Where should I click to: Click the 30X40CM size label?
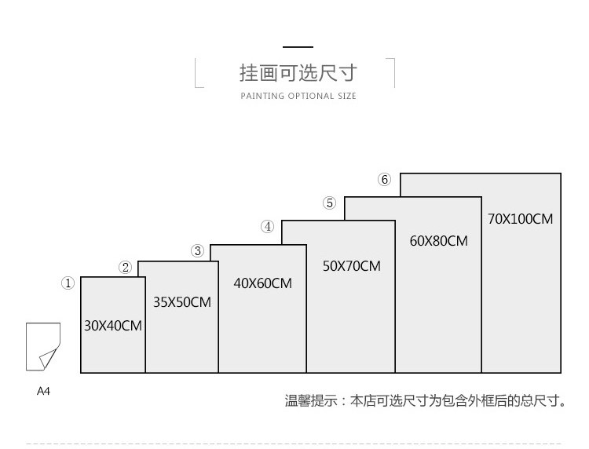click(113, 325)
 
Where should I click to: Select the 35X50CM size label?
click(182, 301)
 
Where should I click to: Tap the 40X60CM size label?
click(262, 283)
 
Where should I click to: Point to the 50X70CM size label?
click(351, 266)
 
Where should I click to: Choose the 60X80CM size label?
click(438, 241)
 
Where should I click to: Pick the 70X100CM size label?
click(520, 219)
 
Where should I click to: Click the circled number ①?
click(68, 283)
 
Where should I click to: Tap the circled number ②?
click(125, 268)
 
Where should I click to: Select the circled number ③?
click(198, 251)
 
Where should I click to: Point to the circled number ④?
click(268, 227)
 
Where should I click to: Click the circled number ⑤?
click(330, 203)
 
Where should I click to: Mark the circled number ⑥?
click(384, 180)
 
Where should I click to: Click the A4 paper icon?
click(42, 346)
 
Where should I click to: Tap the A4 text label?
click(43, 390)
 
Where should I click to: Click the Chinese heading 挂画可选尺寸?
click(298, 74)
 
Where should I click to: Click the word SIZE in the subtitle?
click(346, 97)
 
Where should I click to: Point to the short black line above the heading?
click(298, 48)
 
